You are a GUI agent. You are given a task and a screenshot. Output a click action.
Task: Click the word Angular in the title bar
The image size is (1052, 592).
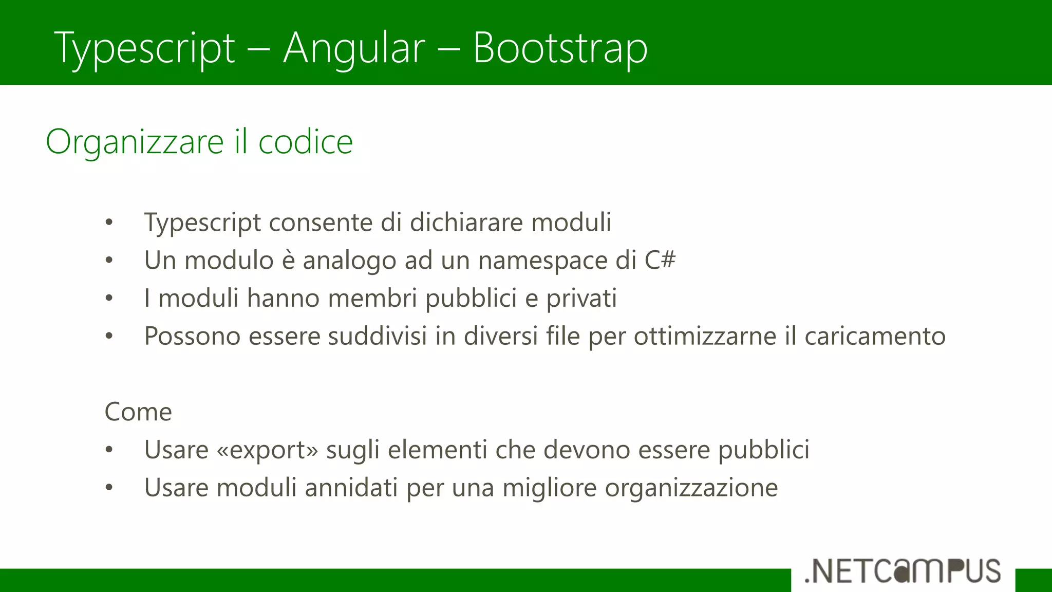pyautogui.click(x=354, y=48)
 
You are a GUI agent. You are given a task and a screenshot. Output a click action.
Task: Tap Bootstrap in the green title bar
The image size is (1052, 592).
pyautogui.click(x=560, y=48)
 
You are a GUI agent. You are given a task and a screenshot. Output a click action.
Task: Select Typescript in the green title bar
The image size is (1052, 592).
pyautogui.click(x=144, y=49)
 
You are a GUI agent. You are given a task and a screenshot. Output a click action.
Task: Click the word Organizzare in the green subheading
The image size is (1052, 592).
pyautogui.click(x=135, y=142)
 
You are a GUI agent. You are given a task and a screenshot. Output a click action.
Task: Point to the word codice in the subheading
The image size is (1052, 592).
pyautogui.click(x=305, y=142)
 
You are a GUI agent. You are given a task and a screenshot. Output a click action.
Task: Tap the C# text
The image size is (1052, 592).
pyautogui.click(x=660, y=260)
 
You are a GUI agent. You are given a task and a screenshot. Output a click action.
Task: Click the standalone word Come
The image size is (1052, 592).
pyautogui.click(x=138, y=412)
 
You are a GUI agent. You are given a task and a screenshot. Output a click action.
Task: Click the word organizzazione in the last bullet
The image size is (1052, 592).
pyautogui.click(x=691, y=488)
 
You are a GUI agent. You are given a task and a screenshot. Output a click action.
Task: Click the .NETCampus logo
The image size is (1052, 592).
pyautogui.click(x=903, y=571)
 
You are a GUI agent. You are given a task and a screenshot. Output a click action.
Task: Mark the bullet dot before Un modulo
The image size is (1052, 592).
pyautogui.click(x=109, y=261)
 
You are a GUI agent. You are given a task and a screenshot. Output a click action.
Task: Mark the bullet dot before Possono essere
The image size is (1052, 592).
pyautogui.click(x=109, y=336)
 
